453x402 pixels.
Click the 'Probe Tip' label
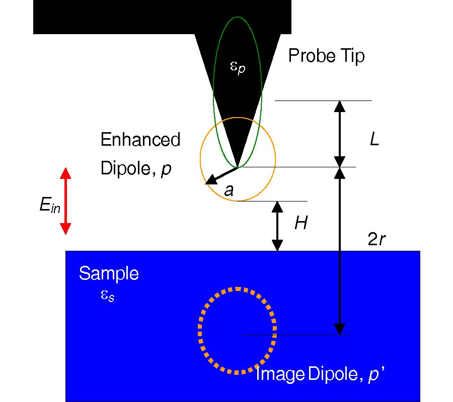pyautogui.click(x=326, y=56)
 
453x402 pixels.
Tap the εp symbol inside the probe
pyautogui.click(x=237, y=67)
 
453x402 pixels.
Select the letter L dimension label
pyautogui.click(x=374, y=140)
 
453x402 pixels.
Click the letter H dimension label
pyautogui.click(x=300, y=224)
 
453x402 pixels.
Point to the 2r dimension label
pyautogui.click(x=377, y=240)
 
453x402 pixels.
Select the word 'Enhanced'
pyautogui.click(x=140, y=140)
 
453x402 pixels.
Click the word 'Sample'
pyautogui.click(x=109, y=274)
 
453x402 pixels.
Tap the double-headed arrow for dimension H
pyautogui.click(x=278, y=226)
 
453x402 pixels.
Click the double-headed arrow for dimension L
pyautogui.click(x=340, y=134)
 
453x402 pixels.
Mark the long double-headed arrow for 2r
pyautogui.click(x=340, y=251)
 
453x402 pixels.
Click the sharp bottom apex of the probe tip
pyautogui.click(x=237, y=166)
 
